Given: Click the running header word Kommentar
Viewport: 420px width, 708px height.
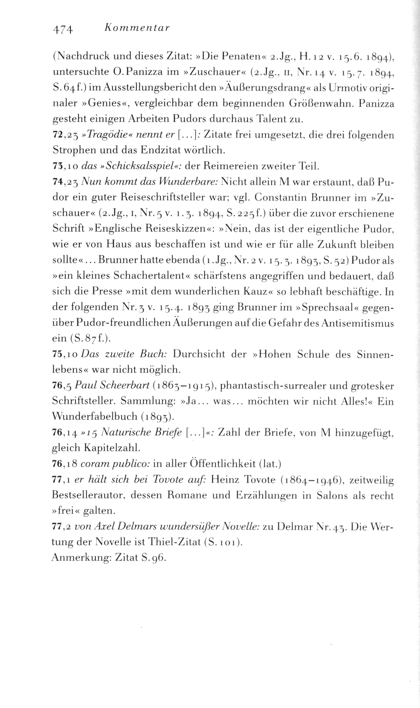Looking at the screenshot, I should pyautogui.click(x=137, y=29).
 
